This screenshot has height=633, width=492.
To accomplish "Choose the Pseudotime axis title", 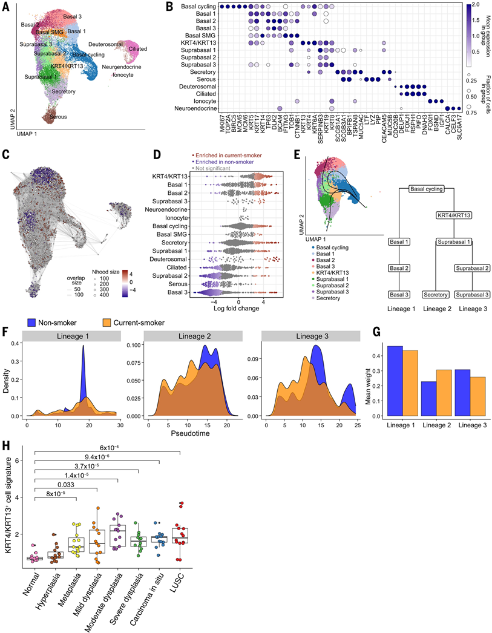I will tap(191, 432).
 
